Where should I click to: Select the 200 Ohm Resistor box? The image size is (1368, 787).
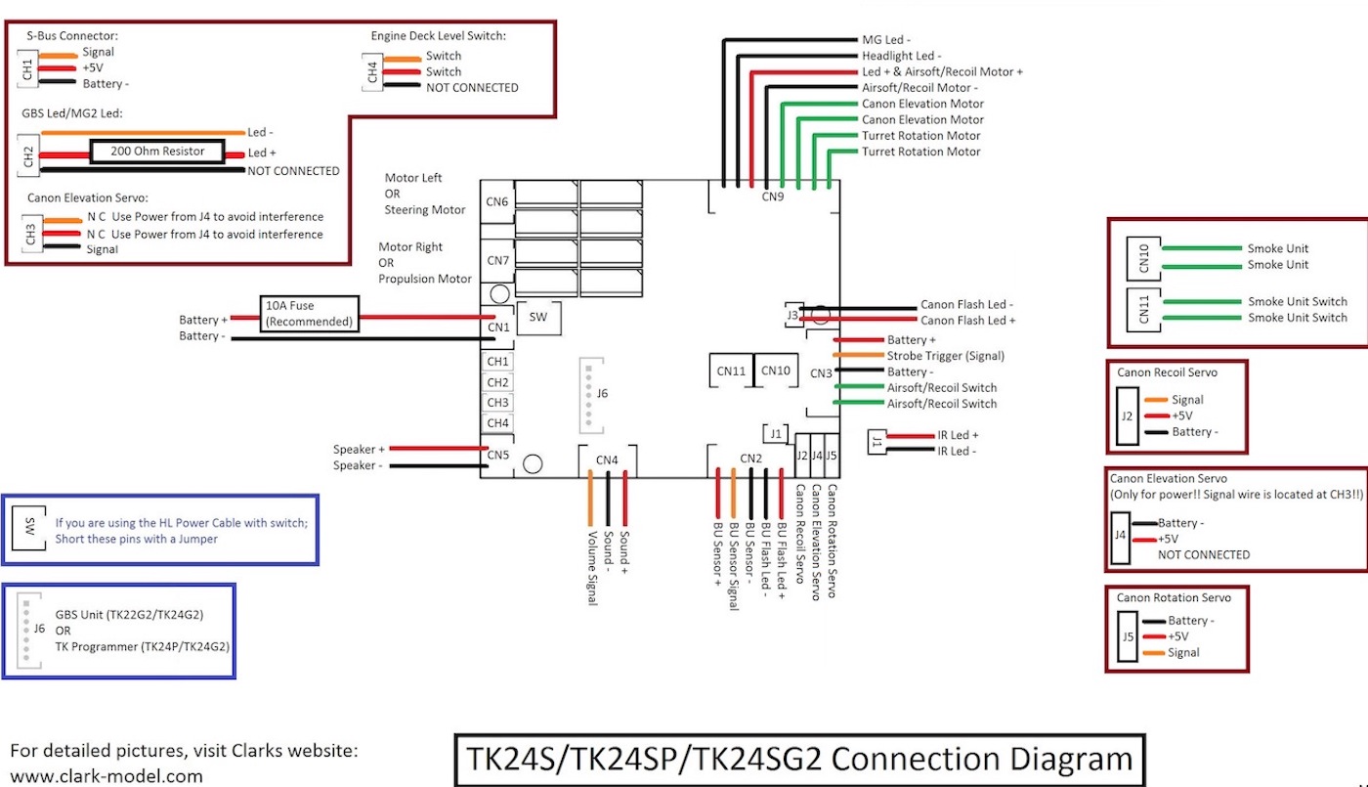pos(157,152)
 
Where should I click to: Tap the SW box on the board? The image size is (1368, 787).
pos(537,318)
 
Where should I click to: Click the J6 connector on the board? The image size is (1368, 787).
pos(592,394)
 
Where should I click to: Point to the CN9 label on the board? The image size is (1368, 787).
pos(773,197)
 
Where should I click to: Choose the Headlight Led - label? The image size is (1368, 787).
pos(901,56)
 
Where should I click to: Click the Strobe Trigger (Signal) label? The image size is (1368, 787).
pos(945,356)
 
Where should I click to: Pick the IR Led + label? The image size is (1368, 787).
pos(958,435)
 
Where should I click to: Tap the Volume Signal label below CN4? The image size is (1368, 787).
pos(592,567)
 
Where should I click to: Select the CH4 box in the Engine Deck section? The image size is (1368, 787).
pos(372,71)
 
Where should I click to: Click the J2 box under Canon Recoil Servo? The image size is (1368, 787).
pos(1127,415)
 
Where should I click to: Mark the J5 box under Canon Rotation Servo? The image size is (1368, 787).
pos(1128,636)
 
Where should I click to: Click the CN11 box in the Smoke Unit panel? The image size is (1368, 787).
pos(1144,308)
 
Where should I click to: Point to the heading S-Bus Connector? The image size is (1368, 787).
pos(71,35)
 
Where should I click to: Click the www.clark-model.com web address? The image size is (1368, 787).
pos(107,776)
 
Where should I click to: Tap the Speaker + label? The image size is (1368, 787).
pos(358,450)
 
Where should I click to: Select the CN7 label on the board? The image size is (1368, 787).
pos(497,261)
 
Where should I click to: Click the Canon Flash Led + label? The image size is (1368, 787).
pos(967,321)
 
